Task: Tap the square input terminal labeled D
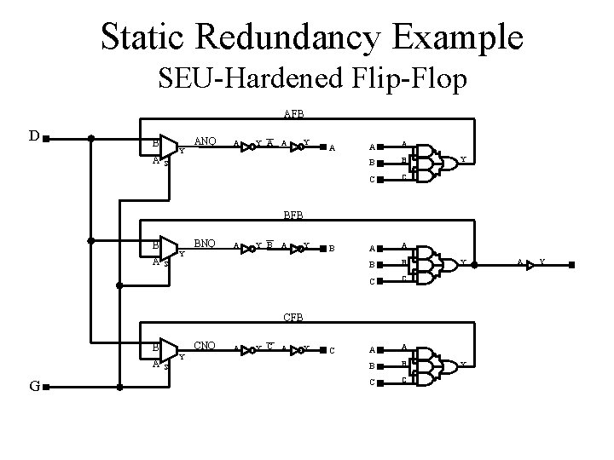46,137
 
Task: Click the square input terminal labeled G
46,387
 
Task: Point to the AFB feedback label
293,112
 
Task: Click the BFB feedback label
293,216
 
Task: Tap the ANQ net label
205,141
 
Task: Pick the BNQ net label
205,244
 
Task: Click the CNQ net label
205,347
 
